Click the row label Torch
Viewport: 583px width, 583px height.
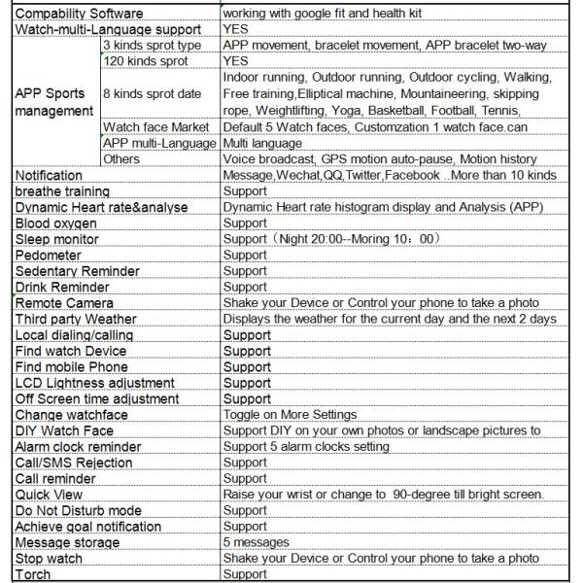pos(33,574)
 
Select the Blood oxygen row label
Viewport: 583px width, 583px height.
pos(56,223)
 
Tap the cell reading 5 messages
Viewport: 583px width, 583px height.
pos(257,542)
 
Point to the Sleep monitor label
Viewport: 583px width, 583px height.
pos(56,239)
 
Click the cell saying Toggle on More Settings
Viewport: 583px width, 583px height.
pos(291,415)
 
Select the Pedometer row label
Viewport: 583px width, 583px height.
pos(50,255)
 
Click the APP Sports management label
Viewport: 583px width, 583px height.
pos(53,102)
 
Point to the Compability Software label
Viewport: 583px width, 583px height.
pos(79,14)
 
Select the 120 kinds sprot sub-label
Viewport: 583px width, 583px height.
pos(146,61)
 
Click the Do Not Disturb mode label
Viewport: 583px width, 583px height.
pos(79,510)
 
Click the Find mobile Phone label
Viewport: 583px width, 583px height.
pos(71,367)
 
